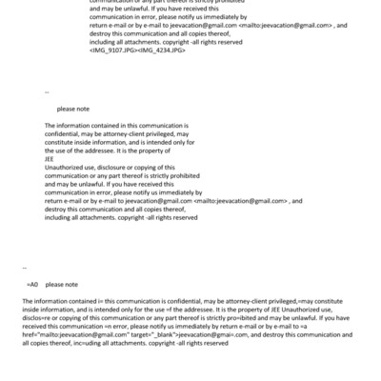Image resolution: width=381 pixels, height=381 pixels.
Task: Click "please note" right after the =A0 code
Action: (x=62, y=284)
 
